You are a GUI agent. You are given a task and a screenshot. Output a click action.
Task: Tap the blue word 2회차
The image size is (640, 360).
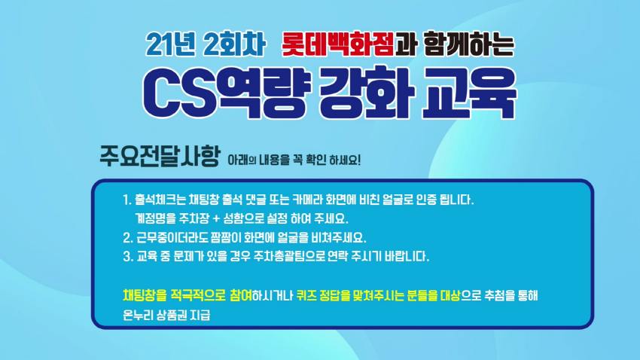point(234,44)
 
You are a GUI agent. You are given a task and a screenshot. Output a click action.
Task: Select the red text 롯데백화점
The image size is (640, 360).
point(338,44)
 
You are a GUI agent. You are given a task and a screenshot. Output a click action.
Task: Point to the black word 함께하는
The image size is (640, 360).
point(469,44)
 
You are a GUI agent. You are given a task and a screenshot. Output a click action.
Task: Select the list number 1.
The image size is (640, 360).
point(127,200)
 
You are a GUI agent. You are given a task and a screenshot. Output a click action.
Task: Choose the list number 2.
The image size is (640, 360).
point(127,237)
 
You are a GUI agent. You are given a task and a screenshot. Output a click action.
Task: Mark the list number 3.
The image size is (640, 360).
point(127,256)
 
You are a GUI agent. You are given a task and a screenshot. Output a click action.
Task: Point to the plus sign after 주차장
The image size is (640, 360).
point(216,218)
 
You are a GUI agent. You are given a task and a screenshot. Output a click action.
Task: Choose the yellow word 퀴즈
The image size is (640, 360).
point(306,295)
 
